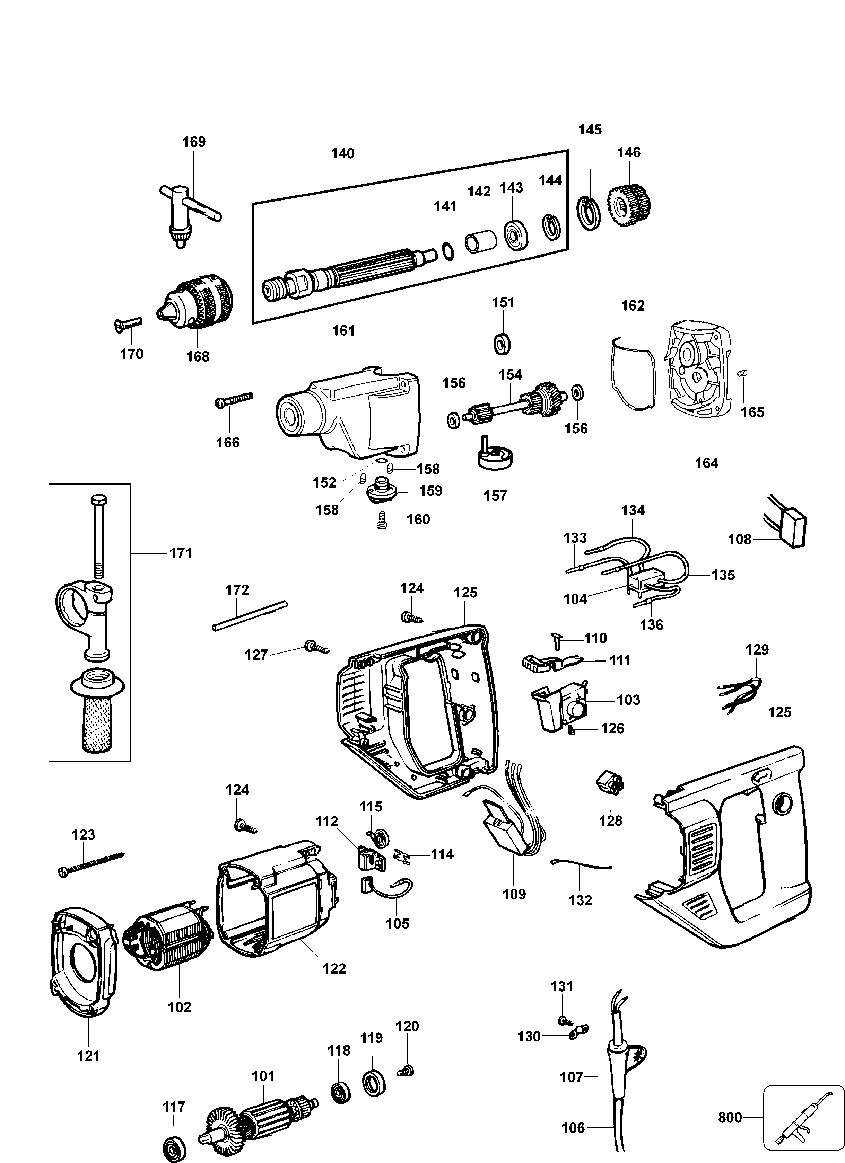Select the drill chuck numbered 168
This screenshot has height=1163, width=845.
coord(198,301)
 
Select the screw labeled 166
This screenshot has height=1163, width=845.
coord(234,400)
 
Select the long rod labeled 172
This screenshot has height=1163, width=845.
coord(250,616)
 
